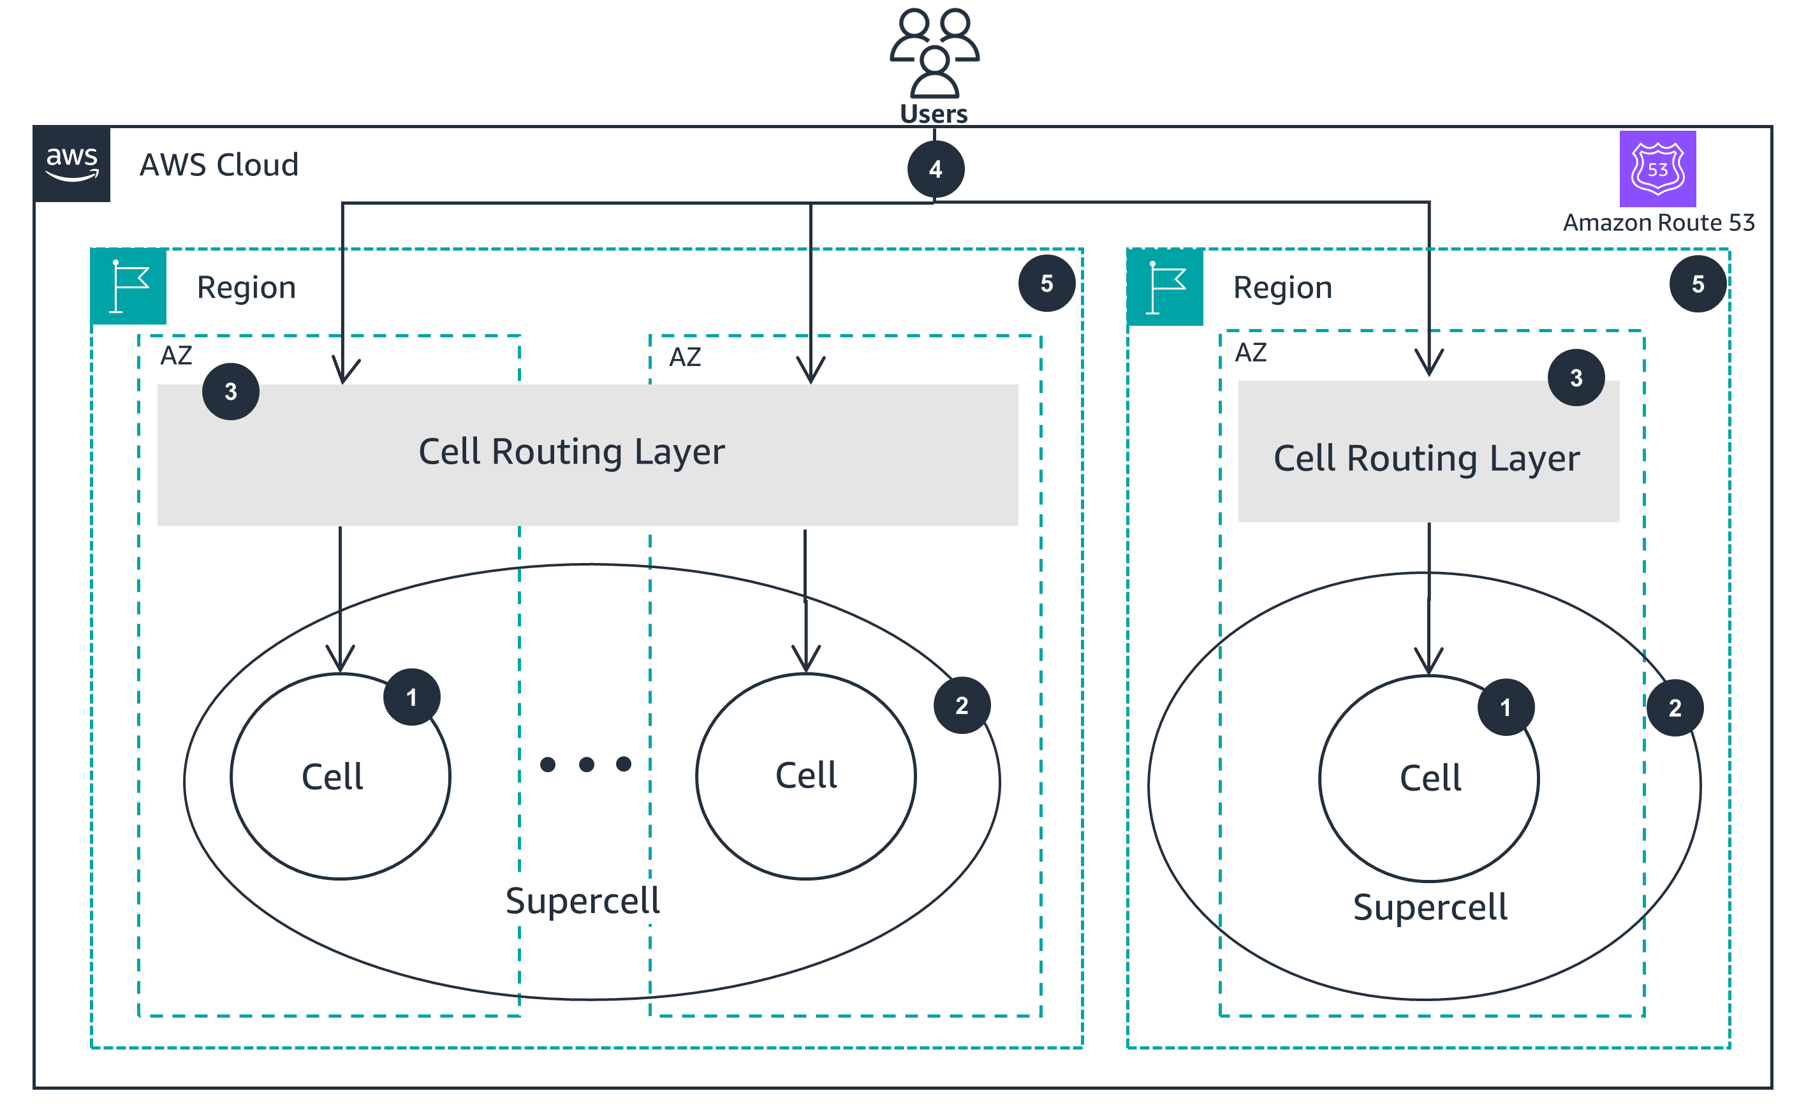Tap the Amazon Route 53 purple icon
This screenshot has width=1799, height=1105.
click(x=1657, y=169)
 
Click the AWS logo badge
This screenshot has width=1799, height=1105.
click(x=71, y=164)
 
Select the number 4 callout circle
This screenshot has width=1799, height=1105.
click(x=936, y=170)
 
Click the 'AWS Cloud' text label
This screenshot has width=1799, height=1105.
click(x=219, y=165)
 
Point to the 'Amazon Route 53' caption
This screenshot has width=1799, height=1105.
click(x=1658, y=222)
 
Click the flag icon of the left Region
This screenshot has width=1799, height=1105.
click(x=129, y=286)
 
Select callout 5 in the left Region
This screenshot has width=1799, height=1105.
click(x=1046, y=284)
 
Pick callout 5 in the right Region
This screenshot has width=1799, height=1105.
click(x=1698, y=284)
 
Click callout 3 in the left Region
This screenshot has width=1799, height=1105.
click(x=231, y=392)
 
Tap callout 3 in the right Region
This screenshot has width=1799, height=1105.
click(x=1576, y=378)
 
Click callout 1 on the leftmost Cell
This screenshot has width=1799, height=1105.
click(x=411, y=697)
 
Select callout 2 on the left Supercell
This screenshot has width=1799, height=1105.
click(x=962, y=705)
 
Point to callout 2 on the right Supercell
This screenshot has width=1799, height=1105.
click(x=1675, y=707)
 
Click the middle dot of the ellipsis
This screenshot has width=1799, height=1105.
click(x=586, y=765)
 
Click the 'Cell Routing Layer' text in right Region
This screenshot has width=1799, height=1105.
click(x=1427, y=459)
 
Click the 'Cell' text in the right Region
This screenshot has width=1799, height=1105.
click(x=1430, y=779)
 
